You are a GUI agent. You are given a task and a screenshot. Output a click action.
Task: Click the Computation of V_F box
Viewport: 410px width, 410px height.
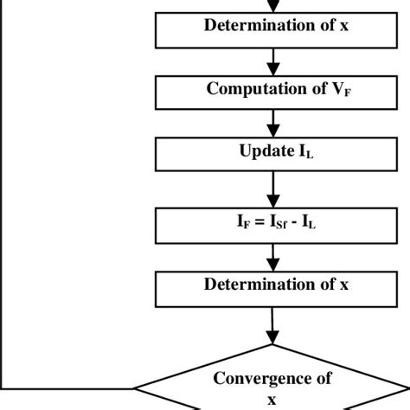pyautogui.click(x=272, y=90)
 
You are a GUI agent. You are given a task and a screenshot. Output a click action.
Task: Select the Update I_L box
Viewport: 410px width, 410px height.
pyautogui.click(x=272, y=155)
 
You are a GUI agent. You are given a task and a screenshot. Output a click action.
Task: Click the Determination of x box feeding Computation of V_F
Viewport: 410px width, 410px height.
pyautogui.click(x=272, y=25)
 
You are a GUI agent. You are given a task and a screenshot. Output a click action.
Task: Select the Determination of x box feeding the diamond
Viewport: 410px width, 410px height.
pyautogui.click(x=272, y=284)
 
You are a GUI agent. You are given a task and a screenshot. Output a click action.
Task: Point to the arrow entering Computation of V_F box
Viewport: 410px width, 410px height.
pyautogui.click(x=273, y=61)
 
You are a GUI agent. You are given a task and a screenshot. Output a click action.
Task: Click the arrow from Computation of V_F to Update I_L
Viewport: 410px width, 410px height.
pyautogui.click(x=273, y=123)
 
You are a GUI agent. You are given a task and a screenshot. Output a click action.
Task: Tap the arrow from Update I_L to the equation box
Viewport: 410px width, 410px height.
pyautogui.click(x=273, y=188)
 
